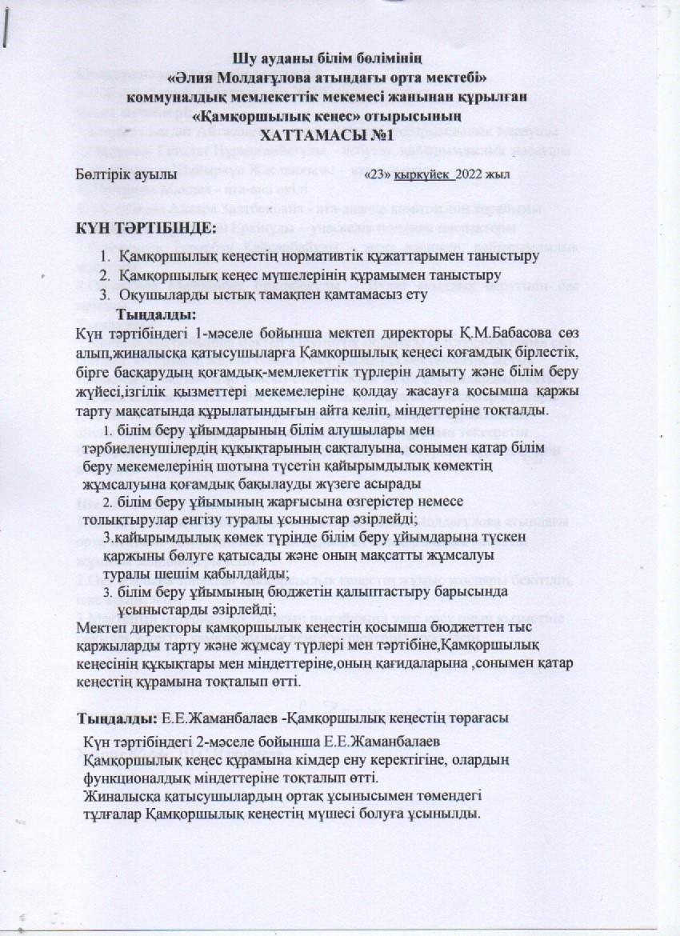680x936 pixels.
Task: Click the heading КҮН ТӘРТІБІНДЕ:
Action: tap(146, 230)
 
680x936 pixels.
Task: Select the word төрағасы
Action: tap(478, 718)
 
